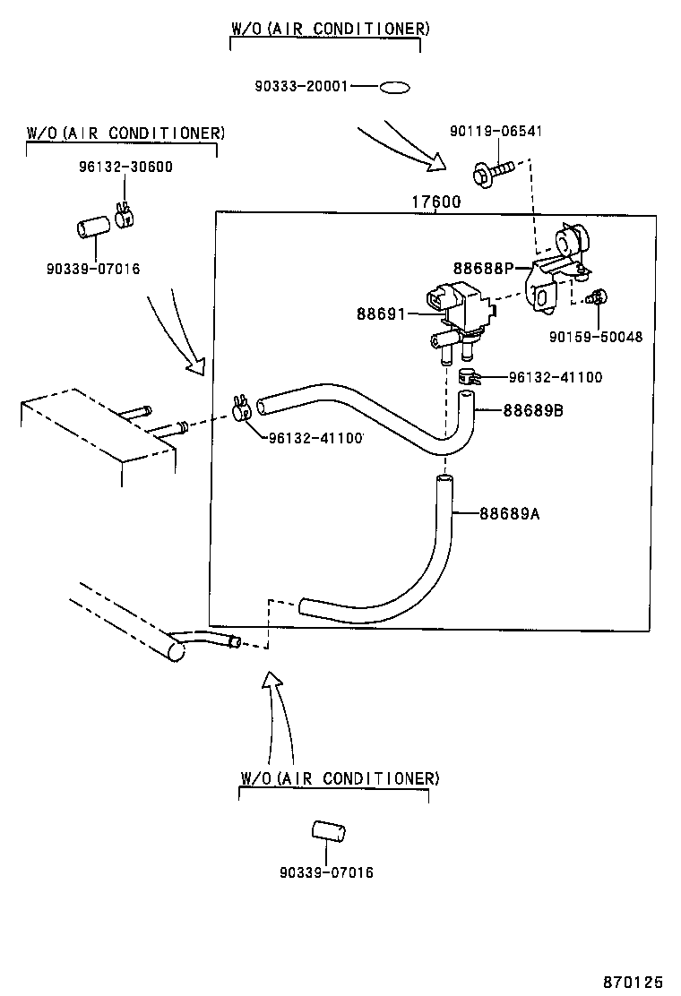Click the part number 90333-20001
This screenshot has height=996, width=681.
point(301,87)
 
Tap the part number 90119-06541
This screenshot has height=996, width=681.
point(496,132)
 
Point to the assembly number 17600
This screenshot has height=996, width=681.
point(435,202)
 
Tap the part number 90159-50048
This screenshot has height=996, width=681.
point(597,337)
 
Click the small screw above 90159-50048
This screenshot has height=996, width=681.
point(598,296)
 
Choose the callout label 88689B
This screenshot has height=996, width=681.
point(532,411)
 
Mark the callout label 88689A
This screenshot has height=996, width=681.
point(509,513)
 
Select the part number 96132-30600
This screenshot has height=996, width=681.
point(125,166)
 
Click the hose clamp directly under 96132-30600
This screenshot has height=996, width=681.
point(125,218)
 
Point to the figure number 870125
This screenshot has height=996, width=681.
point(632,982)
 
